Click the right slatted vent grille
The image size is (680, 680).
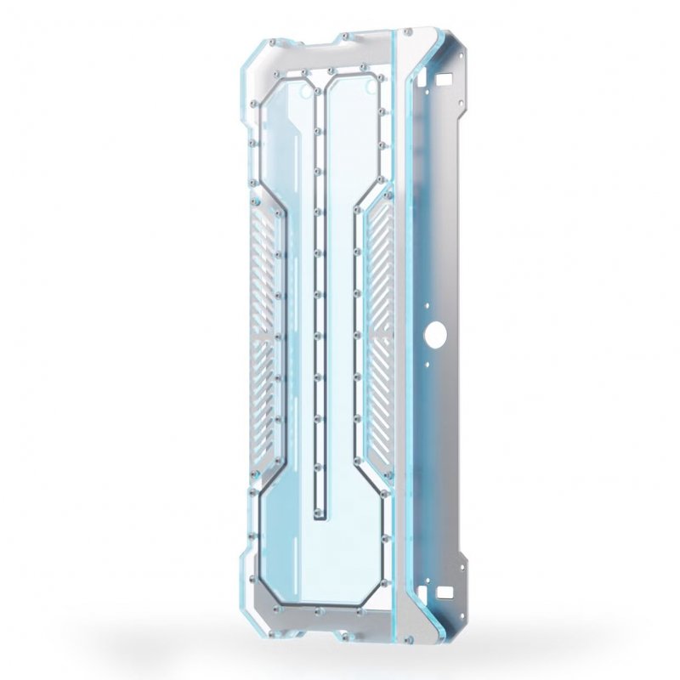click(x=381, y=327)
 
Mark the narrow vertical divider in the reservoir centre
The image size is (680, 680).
click(x=319, y=297)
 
